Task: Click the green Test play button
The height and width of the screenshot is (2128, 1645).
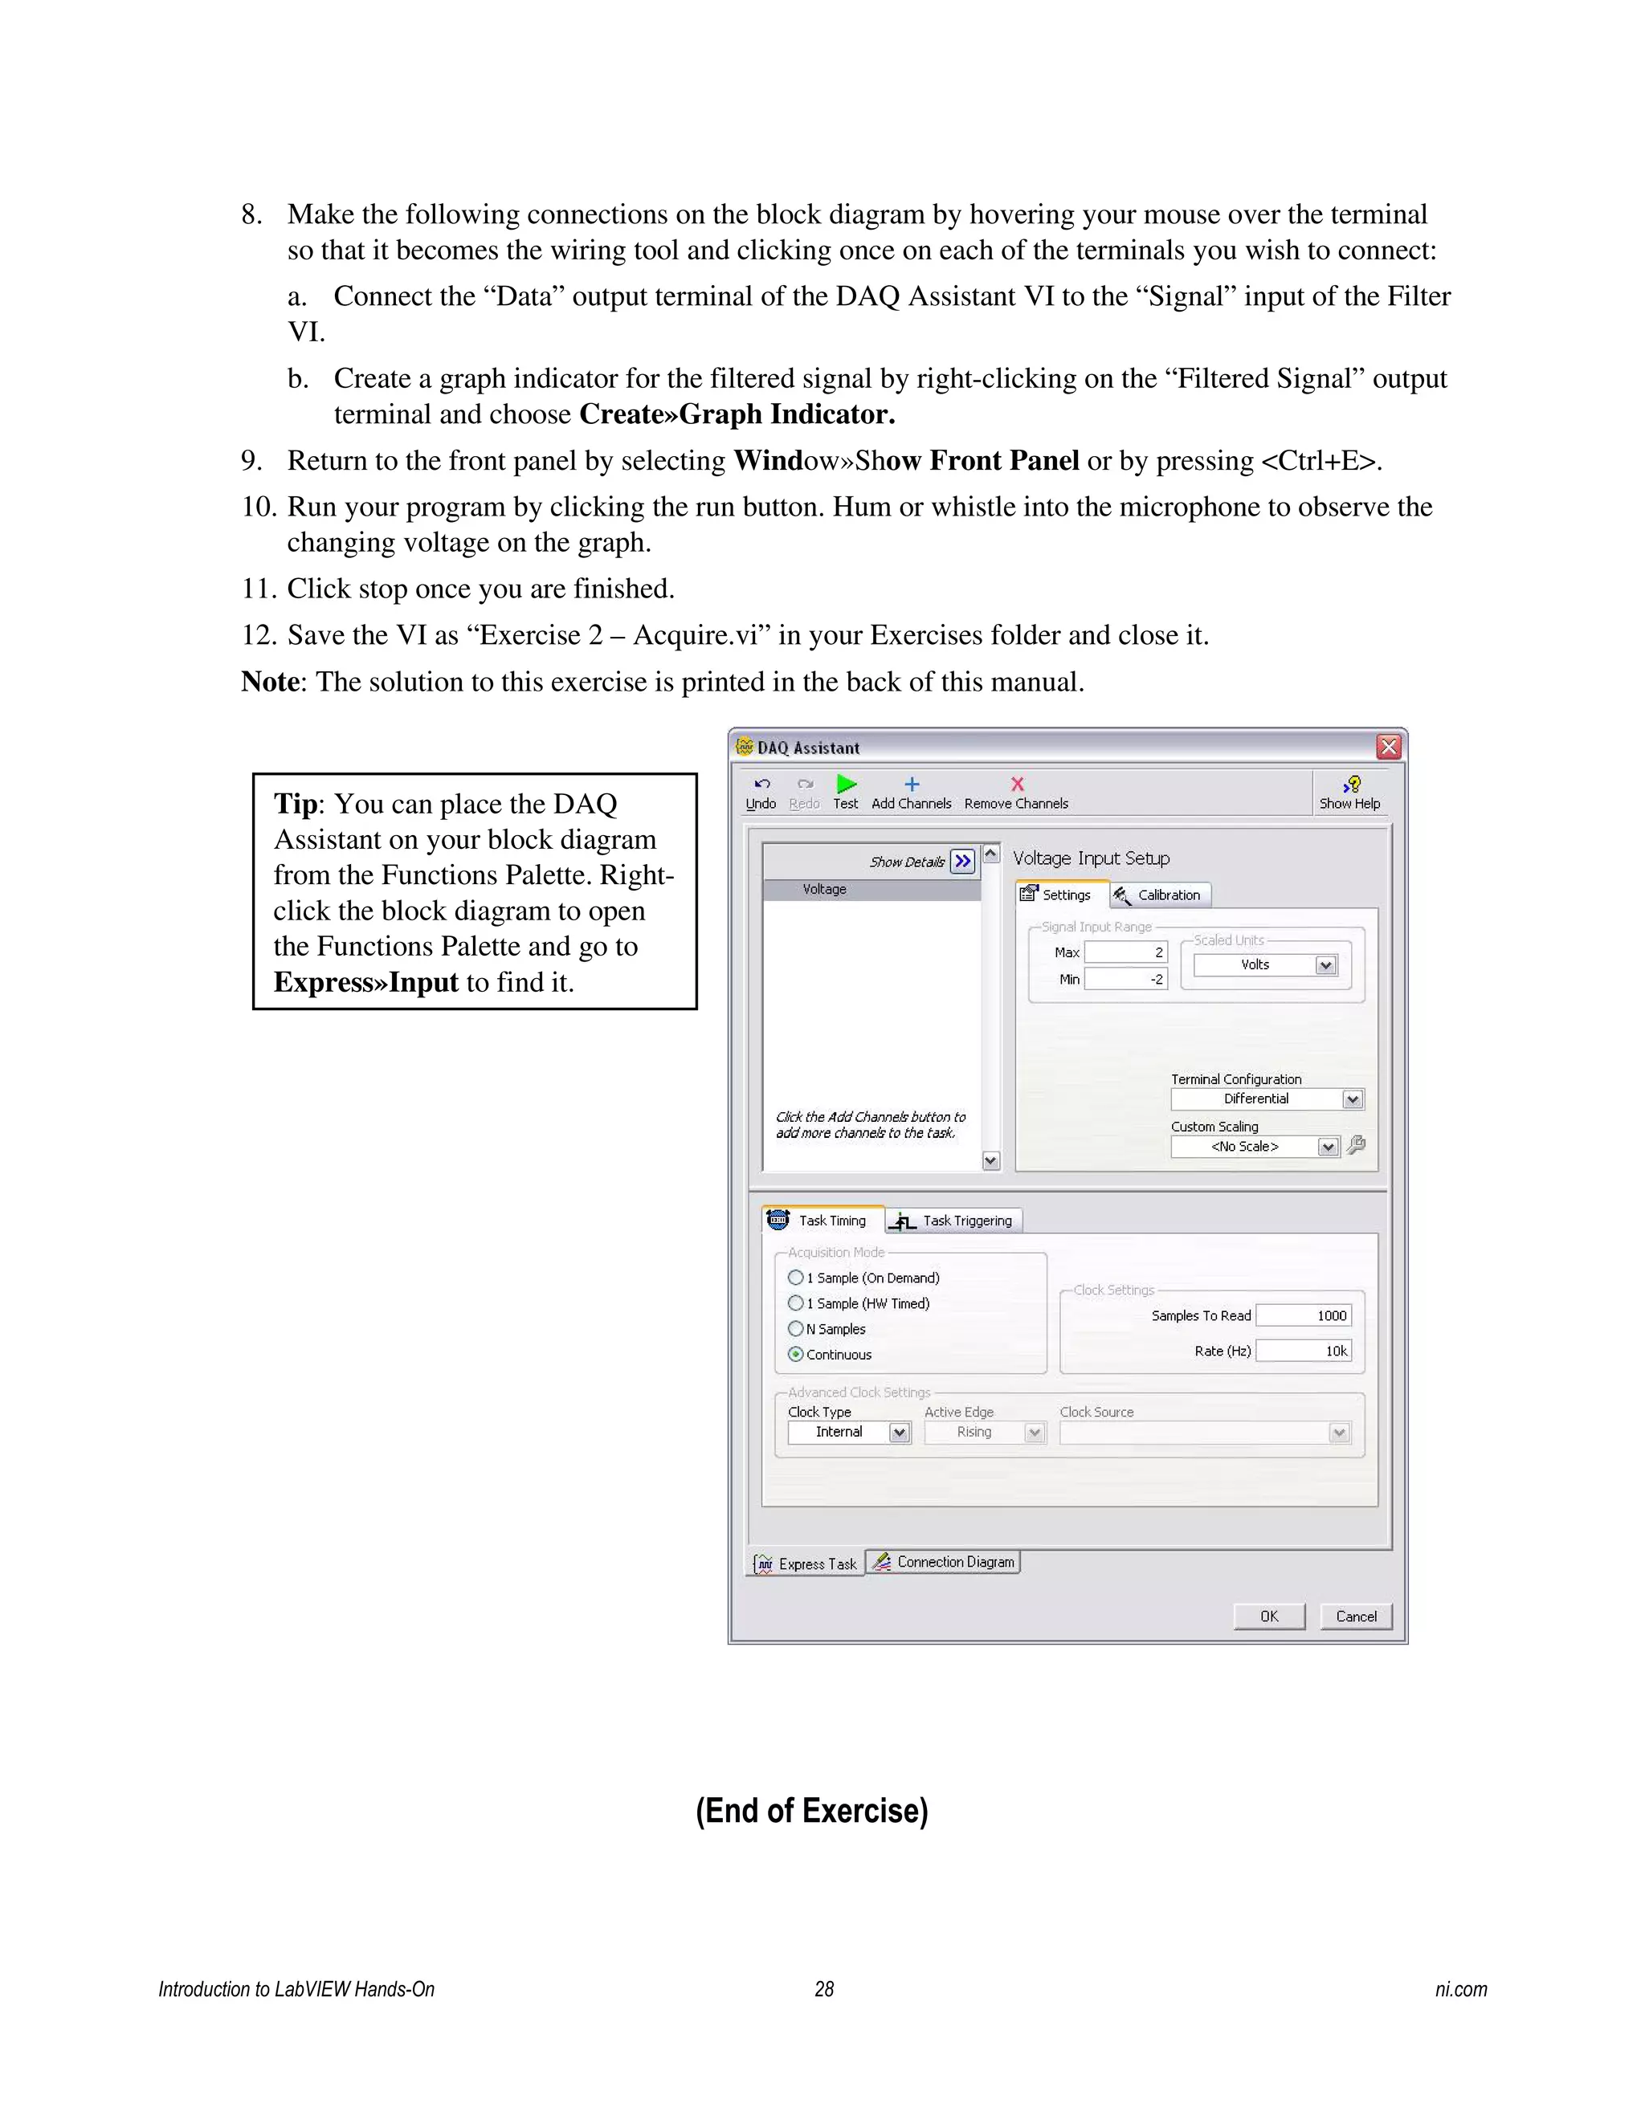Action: [x=846, y=785]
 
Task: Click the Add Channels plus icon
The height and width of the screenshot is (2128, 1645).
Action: [x=911, y=785]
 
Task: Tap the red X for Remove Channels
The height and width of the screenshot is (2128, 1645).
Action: [x=1016, y=785]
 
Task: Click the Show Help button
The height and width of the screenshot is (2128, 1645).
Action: [x=1349, y=791]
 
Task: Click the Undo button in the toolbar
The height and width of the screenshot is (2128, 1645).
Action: [x=761, y=791]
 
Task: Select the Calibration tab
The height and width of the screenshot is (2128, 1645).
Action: [x=1160, y=895]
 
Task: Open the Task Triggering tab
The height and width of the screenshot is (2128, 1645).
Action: [x=955, y=1221]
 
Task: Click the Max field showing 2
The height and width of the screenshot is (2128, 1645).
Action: [x=1125, y=952]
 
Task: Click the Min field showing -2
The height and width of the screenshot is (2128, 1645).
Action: [x=1125, y=979]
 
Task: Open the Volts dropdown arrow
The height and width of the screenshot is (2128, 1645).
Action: [x=1325, y=965]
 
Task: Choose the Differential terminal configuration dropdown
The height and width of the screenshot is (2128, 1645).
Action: [x=1267, y=1099]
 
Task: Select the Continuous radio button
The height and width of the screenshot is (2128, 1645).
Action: [x=796, y=1355]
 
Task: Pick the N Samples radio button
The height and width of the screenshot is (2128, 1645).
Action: [x=796, y=1329]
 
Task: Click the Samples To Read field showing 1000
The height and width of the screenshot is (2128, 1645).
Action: [x=1303, y=1315]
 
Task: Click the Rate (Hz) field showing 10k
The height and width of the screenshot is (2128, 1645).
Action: [x=1303, y=1351]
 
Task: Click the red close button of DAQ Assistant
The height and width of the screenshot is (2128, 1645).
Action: [x=1388, y=748]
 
